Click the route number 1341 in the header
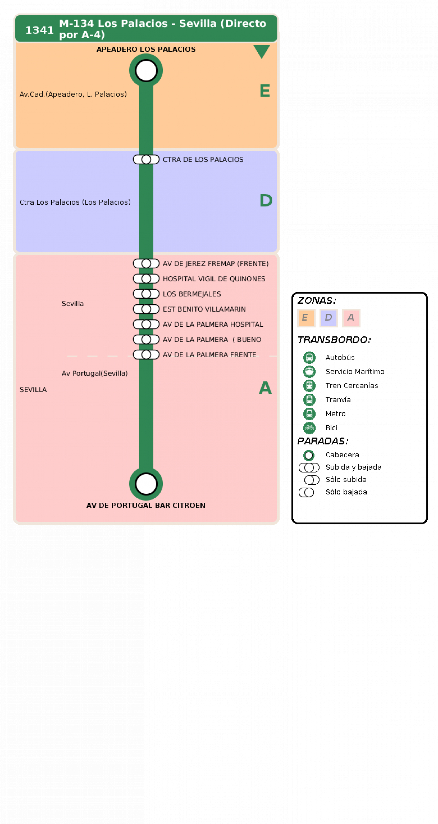point(39,30)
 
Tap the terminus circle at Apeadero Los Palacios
point(146,71)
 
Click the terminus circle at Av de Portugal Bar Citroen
point(146,484)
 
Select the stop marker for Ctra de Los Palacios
point(146,159)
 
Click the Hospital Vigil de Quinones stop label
point(214,279)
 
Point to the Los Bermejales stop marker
point(146,294)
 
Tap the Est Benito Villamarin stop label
point(204,309)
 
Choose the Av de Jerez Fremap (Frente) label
point(216,264)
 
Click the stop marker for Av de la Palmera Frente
point(146,354)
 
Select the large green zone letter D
point(266,201)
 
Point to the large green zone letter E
point(265,91)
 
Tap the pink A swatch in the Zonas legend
point(351,318)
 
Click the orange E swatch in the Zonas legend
point(306,318)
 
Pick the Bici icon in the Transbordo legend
point(309,428)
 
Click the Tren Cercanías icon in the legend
point(309,386)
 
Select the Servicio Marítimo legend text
point(355,371)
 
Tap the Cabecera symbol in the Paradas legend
point(309,455)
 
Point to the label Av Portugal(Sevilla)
point(95,373)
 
